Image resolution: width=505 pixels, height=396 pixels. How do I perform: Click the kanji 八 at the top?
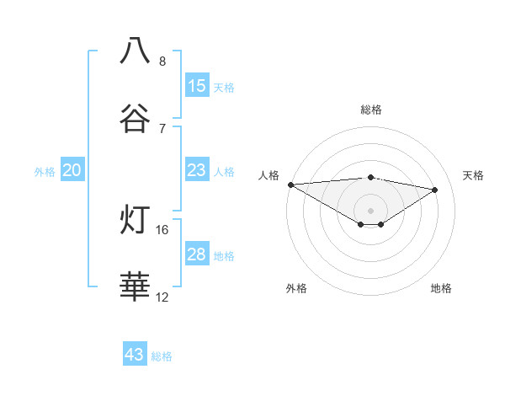coord(136,51)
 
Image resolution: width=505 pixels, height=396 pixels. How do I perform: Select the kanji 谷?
coord(136,119)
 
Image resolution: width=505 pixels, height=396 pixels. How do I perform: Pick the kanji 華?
coord(136,287)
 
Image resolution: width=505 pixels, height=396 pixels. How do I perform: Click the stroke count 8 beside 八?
coord(162,61)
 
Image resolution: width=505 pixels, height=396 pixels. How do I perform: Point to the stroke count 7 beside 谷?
coord(162,128)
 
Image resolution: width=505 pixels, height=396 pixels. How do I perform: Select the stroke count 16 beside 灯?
coord(162,229)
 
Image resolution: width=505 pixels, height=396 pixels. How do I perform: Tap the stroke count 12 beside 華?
coord(162,297)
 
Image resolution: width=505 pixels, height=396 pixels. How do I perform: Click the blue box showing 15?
coord(197,86)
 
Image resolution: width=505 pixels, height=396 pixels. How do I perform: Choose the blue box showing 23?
coord(197,170)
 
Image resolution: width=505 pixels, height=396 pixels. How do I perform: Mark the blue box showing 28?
coord(197,254)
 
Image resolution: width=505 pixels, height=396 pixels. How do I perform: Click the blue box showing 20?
coord(72,170)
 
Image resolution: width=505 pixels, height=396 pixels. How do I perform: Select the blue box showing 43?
coord(135,355)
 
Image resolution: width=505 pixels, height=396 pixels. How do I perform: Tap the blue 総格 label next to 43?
coord(162,356)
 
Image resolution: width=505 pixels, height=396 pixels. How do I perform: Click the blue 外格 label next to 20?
coord(45,172)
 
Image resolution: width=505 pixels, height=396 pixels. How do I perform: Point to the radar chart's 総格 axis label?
coord(371,110)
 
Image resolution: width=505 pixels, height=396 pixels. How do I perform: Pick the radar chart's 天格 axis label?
coord(474,175)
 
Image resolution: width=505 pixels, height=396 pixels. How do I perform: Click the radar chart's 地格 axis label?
coord(441,288)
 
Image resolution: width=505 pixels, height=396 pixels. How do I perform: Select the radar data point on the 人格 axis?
coord(290,184)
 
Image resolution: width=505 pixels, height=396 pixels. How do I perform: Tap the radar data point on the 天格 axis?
coord(435,190)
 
